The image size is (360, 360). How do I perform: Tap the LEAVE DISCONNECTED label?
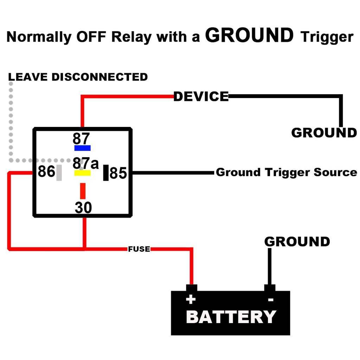[x=78, y=77]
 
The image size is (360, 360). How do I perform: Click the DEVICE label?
[x=201, y=96]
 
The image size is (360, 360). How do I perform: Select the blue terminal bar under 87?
[x=82, y=148]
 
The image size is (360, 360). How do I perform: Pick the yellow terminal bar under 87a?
[x=82, y=173]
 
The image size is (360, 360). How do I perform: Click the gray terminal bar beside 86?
[x=59, y=173]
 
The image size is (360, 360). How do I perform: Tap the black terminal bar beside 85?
[x=106, y=173]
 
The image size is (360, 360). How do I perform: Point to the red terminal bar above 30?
[x=83, y=191]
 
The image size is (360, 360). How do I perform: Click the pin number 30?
[x=83, y=208]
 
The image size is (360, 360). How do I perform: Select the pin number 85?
[x=118, y=173]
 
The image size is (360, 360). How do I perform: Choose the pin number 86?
[x=46, y=172]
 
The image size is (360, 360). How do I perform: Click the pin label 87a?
[x=86, y=163]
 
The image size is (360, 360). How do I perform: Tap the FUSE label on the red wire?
[x=139, y=249]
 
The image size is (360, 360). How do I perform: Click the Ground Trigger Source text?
[x=286, y=172]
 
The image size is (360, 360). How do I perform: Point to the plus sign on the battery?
[x=191, y=300]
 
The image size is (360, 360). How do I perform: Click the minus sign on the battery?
[x=271, y=300]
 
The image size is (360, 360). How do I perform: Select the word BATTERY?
[x=231, y=317]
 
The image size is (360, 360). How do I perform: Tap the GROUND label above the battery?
[x=297, y=242]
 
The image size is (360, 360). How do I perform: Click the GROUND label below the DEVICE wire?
[x=324, y=133]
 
